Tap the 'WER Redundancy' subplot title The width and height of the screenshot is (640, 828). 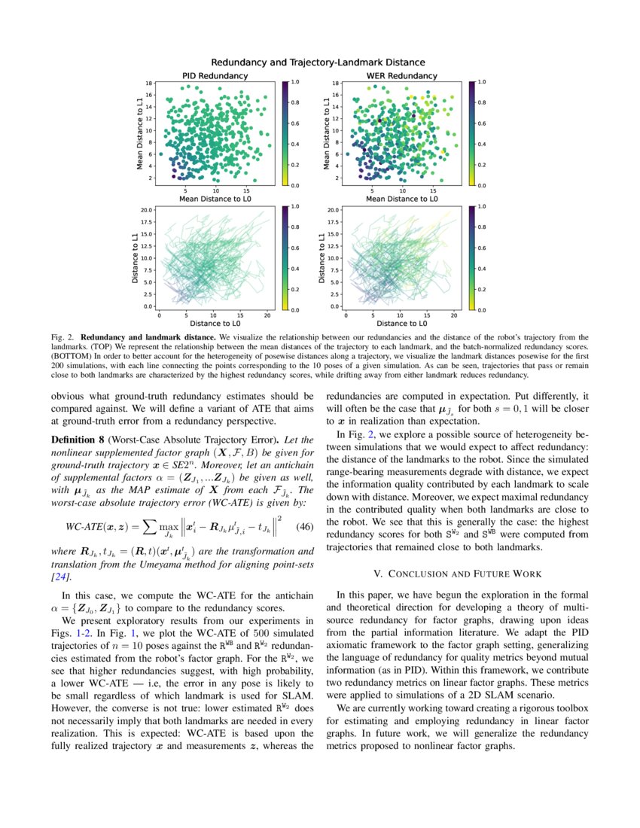[x=401, y=76]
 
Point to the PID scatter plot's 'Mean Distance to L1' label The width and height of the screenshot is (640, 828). [x=140, y=132]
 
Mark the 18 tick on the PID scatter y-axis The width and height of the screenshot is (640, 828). [x=150, y=83]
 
